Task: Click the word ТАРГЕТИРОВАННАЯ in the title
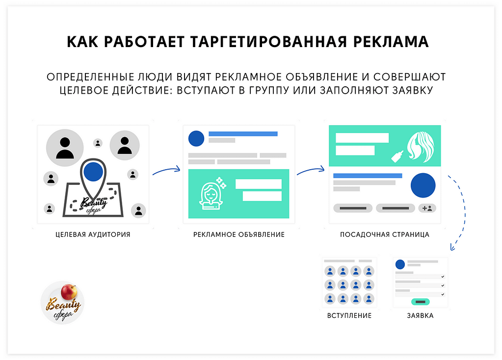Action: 268,42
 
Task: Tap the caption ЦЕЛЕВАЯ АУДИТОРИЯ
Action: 93,234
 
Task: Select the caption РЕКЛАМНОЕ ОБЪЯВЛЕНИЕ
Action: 239,234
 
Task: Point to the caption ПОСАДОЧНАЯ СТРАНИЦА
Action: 385,234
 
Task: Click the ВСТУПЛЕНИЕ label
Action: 349,315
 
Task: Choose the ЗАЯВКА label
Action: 420,315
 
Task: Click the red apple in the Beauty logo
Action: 69,291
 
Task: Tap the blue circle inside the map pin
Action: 93,172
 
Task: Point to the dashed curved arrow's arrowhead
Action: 452,247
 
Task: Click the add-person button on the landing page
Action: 427,208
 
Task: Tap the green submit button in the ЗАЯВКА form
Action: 420,302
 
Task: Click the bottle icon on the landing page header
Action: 397,157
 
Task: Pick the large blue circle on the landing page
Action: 423,185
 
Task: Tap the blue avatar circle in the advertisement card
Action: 196,139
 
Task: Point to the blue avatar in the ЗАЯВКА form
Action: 400,264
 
